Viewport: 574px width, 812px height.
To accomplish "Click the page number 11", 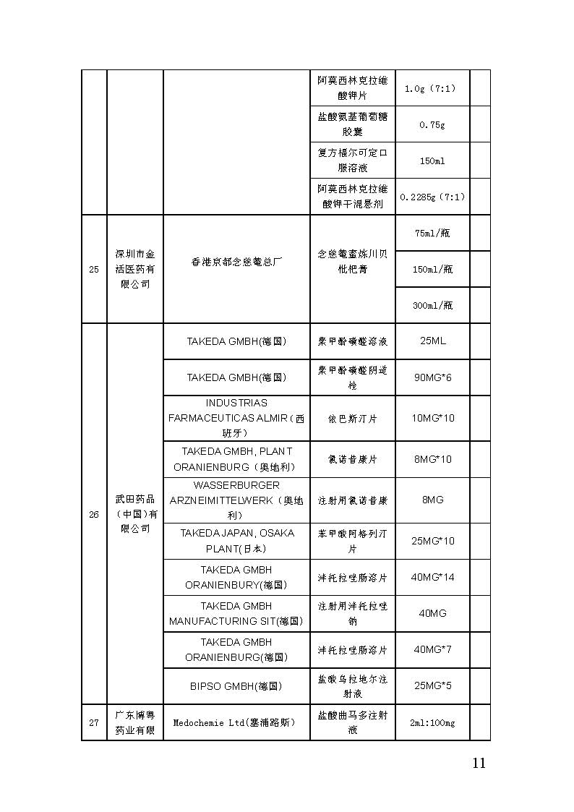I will [x=478, y=764].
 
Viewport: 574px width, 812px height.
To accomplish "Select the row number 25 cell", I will [x=94, y=270].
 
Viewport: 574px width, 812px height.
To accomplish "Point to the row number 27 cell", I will [x=94, y=722].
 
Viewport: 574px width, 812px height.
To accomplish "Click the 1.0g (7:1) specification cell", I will [x=432, y=88].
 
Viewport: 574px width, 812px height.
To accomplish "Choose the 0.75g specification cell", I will [x=432, y=124].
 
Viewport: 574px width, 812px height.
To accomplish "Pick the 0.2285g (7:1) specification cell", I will [x=432, y=197].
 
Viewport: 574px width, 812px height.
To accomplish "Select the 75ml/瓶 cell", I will [x=432, y=233].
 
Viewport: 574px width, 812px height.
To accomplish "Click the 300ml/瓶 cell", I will [x=432, y=305].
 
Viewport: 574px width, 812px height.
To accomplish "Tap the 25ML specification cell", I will [x=432, y=341].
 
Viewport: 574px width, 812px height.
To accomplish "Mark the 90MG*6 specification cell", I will [x=432, y=377].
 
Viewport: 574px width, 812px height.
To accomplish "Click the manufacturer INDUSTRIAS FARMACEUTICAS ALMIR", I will [x=236, y=418].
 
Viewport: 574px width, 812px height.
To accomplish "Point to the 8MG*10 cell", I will [x=432, y=459].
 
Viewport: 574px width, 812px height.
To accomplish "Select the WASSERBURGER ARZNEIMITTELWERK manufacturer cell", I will [x=236, y=500].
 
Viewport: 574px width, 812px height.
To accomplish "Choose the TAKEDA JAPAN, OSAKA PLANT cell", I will [x=236, y=541].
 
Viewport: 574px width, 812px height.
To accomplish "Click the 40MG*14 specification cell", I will [x=432, y=577].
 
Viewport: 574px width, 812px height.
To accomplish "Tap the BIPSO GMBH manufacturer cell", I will [x=236, y=685].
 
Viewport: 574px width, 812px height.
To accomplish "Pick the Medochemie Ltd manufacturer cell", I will [x=236, y=722].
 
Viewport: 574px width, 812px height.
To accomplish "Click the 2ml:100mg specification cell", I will [x=432, y=722].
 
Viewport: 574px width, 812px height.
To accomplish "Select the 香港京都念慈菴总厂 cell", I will [x=236, y=262].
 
